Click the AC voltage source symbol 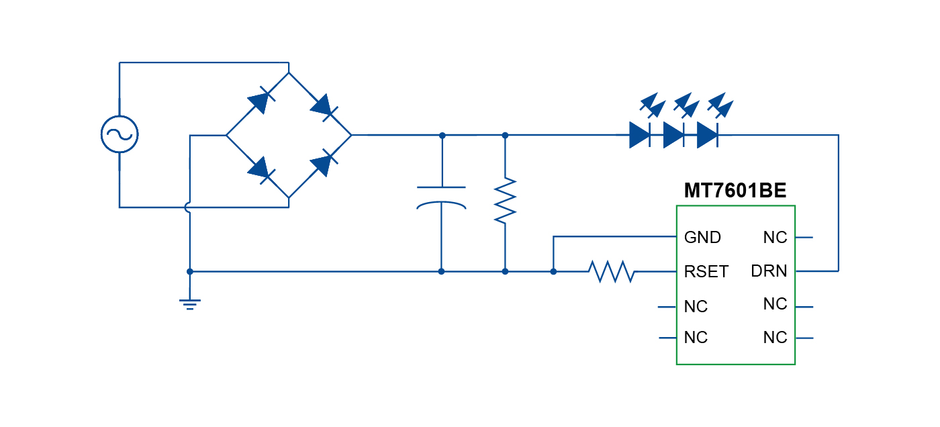click(120, 134)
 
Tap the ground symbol click(190, 303)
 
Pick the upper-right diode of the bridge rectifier click(323, 105)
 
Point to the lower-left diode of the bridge click(258, 168)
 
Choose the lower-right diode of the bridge click(323, 163)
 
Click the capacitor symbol click(441, 197)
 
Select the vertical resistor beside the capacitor click(505, 200)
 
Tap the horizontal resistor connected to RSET click(611, 272)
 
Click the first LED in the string click(640, 135)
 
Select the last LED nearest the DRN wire click(708, 135)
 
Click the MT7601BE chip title click(735, 191)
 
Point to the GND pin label click(702, 237)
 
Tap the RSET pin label click(706, 272)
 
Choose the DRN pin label click(769, 271)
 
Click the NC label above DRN click(775, 237)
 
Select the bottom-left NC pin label click(696, 337)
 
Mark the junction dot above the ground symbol click(190, 271)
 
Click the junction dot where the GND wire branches click(553, 271)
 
